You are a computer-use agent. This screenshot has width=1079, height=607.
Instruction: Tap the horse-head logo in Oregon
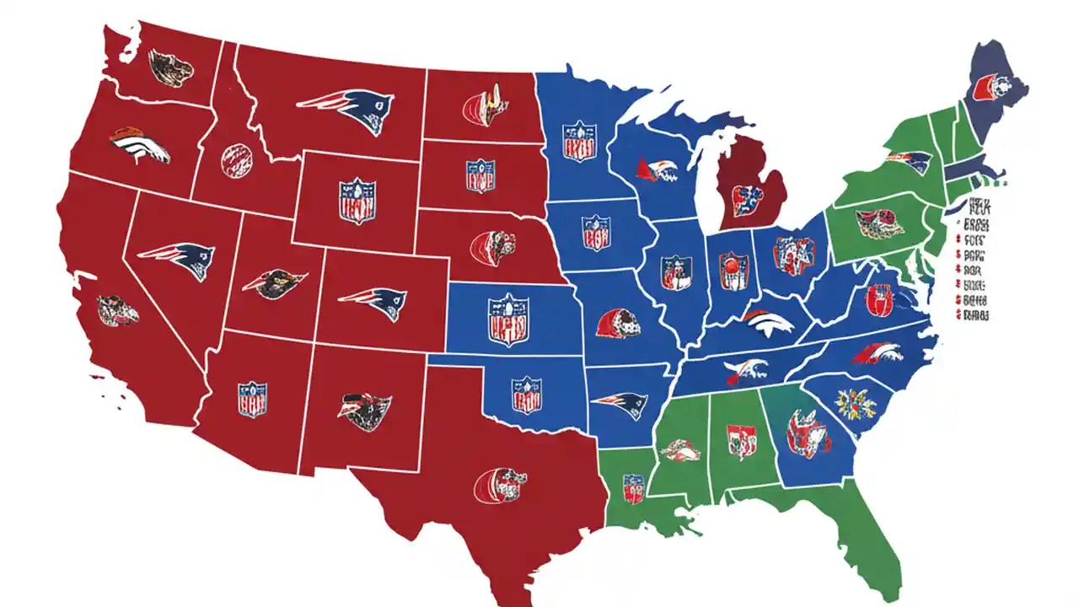pyautogui.click(x=139, y=146)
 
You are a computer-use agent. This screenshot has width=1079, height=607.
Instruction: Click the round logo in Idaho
pyautogui.click(x=237, y=159)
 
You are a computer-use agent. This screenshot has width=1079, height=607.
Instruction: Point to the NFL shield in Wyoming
pyautogui.click(x=357, y=201)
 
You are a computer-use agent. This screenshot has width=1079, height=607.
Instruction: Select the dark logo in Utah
pyautogui.click(x=274, y=282)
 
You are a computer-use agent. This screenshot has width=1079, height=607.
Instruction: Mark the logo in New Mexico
pyautogui.click(x=364, y=411)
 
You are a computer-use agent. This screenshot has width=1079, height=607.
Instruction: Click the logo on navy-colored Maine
pyautogui.click(x=987, y=86)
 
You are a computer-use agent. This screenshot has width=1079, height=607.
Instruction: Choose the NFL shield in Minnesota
pyautogui.click(x=580, y=141)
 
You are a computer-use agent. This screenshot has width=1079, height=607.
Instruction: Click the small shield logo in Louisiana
pyautogui.click(x=633, y=488)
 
